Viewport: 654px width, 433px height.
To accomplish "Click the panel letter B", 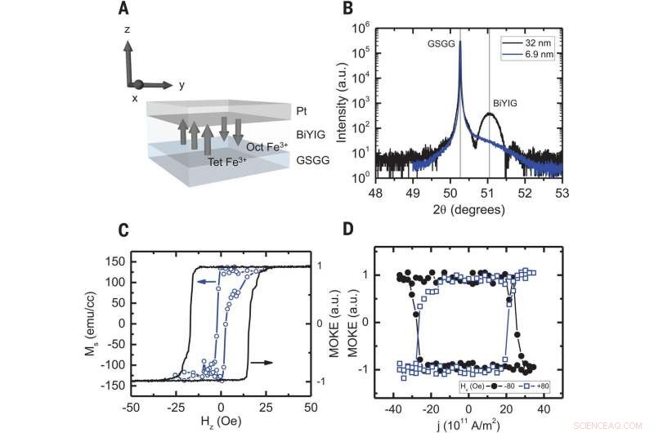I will tap(347, 10).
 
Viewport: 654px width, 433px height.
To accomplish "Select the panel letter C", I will tap(123, 231).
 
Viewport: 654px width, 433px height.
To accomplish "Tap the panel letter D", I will tap(347, 231).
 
